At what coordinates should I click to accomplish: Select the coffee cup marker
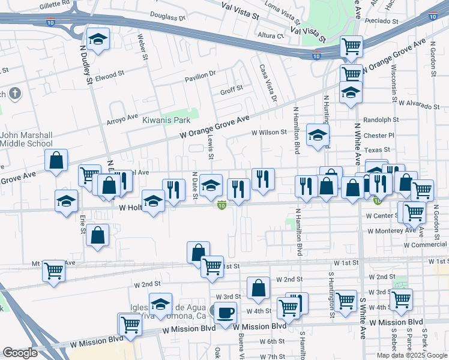tap(225, 313)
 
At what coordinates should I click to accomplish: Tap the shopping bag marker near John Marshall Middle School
tap(56, 161)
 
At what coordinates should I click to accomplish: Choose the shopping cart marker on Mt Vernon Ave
tap(53, 271)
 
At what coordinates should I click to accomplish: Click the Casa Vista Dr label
tap(268, 82)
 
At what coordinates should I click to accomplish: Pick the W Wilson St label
tap(270, 133)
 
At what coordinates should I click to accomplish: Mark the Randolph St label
tap(381, 119)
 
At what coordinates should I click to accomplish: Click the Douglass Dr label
tap(167, 17)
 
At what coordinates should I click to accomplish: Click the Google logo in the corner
tap(20, 353)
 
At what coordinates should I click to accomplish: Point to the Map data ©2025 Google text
tap(412, 355)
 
